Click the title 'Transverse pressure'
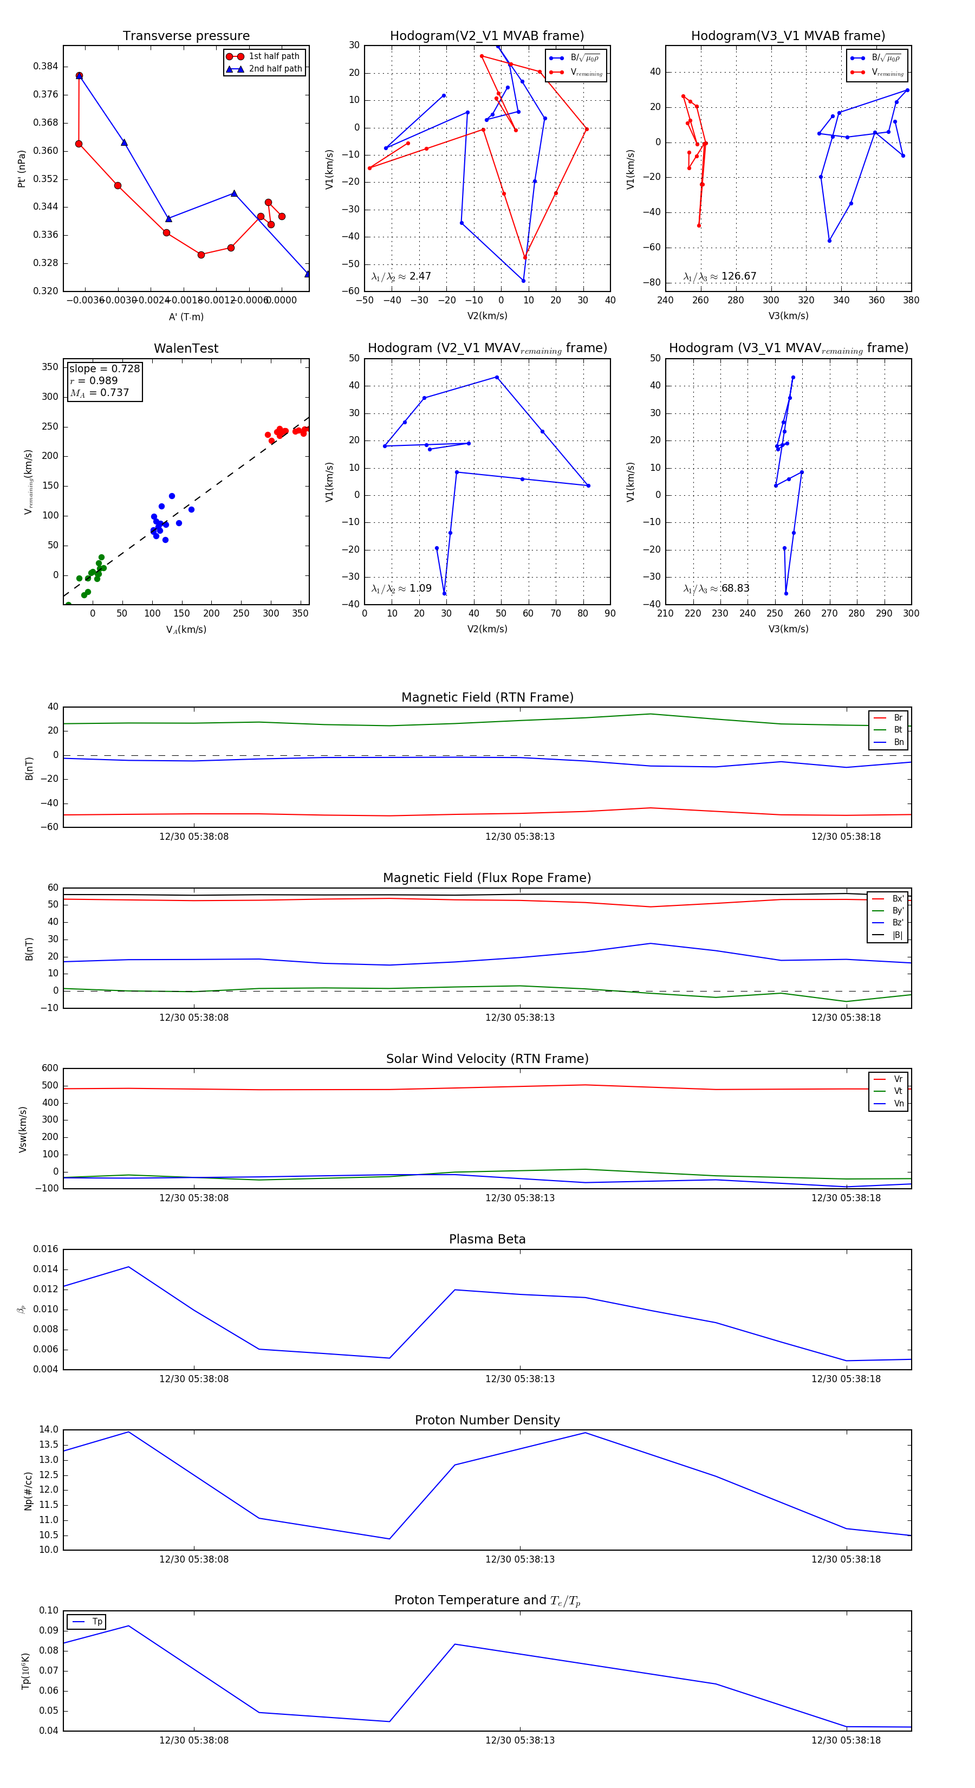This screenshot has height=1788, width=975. tap(186, 36)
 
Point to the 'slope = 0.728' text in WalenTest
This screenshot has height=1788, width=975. tap(104, 368)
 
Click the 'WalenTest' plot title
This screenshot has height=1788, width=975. tap(186, 348)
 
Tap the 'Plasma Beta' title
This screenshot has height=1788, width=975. tap(487, 1240)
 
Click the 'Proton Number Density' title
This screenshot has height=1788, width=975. tap(487, 1420)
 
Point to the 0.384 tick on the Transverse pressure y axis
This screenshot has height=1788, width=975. tap(46, 67)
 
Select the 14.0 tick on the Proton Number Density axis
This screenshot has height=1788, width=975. tap(49, 1430)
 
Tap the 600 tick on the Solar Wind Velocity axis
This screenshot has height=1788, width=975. tap(50, 1068)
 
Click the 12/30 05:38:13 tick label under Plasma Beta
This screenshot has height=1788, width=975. tap(520, 1378)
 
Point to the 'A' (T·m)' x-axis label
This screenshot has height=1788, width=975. tap(186, 316)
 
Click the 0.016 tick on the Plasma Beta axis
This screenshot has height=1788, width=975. tap(46, 1249)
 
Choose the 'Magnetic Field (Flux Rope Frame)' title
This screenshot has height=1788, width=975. tap(487, 878)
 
